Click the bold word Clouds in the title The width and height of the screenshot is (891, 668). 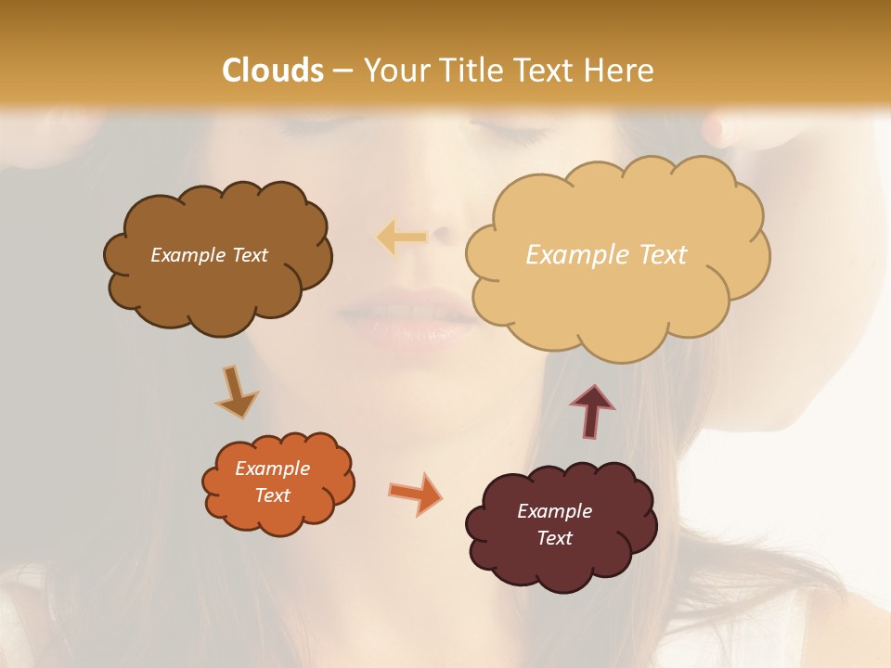(273, 70)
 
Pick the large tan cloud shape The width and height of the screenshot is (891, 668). (617, 297)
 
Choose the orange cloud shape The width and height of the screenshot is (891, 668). (278, 516)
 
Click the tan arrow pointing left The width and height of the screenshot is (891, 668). (401, 238)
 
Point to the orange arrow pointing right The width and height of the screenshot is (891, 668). (415, 493)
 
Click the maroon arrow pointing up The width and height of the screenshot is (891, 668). (592, 411)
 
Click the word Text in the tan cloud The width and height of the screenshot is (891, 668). (663, 255)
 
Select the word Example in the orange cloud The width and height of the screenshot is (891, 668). (273, 469)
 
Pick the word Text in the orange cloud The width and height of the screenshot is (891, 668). (273, 495)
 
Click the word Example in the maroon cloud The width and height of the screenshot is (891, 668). (554, 511)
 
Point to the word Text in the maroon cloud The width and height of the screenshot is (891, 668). (554, 538)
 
